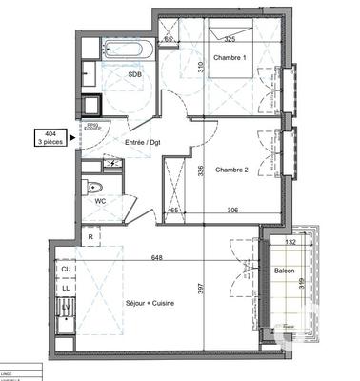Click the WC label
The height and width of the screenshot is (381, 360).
click(100, 201)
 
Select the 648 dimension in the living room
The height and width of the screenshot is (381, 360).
click(156, 257)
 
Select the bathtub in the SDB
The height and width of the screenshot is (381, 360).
click(122, 46)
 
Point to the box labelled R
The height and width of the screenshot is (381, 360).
click(90, 237)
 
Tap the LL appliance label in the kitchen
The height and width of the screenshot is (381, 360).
click(67, 286)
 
